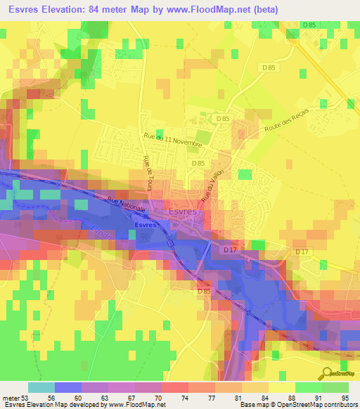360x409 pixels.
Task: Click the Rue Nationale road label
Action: coord(127,205)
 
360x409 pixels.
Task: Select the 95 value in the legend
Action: coord(345,397)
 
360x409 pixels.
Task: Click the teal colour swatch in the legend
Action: coord(41,387)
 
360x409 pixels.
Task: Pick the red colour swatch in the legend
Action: coord(174,387)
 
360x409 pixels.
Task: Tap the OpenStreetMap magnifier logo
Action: coord(328,372)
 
